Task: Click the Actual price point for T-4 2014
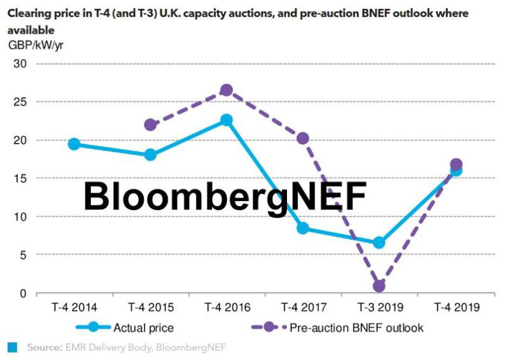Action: [x=74, y=144]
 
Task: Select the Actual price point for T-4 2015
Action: [x=150, y=155]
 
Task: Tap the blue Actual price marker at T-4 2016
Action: [x=226, y=120]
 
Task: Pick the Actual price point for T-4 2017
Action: [x=303, y=228]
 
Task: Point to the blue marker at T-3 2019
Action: [x=379, y=242]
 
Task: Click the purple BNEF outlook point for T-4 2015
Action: [x=150, y=125]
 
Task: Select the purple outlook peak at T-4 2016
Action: [x=226, y=90]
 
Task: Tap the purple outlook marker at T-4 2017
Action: [x=303, y=138]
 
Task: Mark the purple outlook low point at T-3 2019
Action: [x=379, y=286]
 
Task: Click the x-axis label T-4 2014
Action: [x=74, y=307]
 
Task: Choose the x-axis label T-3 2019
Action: [x=379, y=307]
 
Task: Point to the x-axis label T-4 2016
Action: [x=227, y=307]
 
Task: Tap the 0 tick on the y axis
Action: [x=24, y=293]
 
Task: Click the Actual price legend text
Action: [x=144, y=328]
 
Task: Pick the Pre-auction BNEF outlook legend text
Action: [x=356, y=328]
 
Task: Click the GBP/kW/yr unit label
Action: [x=36, y=45]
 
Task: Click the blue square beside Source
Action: [x=12, y=347]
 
